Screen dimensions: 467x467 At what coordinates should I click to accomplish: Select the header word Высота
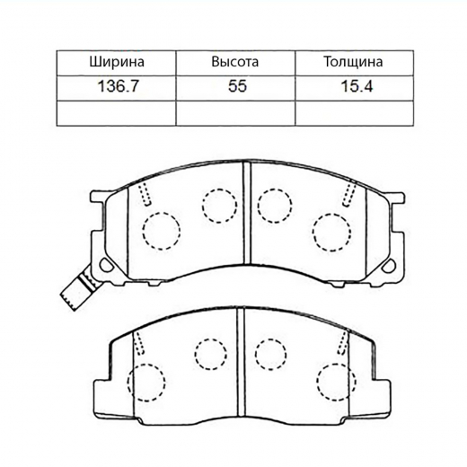(x=234, y=63)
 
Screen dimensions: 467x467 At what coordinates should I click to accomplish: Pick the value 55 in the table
(x=234, y=89)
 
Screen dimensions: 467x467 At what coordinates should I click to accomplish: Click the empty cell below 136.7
(x=117, y=113)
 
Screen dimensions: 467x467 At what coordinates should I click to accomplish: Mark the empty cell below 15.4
(x=354, y=113)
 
